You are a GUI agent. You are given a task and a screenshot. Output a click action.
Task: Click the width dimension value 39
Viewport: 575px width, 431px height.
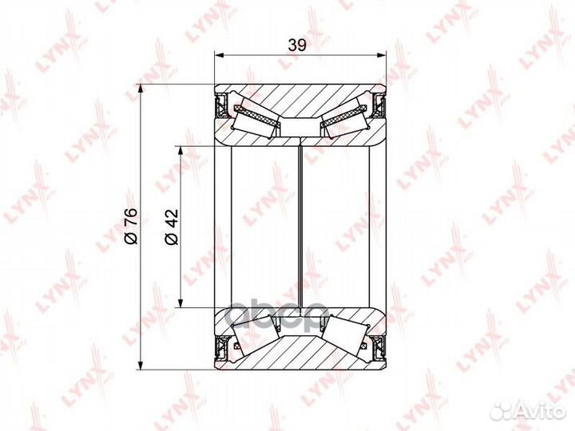pyautogui.click(x=297, y=46)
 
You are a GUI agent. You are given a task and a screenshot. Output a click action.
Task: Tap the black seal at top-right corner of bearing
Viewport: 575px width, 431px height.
pyautogui.click(x=379, y=105)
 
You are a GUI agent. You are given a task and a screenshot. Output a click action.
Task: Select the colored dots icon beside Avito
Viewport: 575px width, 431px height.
pyautogui.click(x=503, y=409)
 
